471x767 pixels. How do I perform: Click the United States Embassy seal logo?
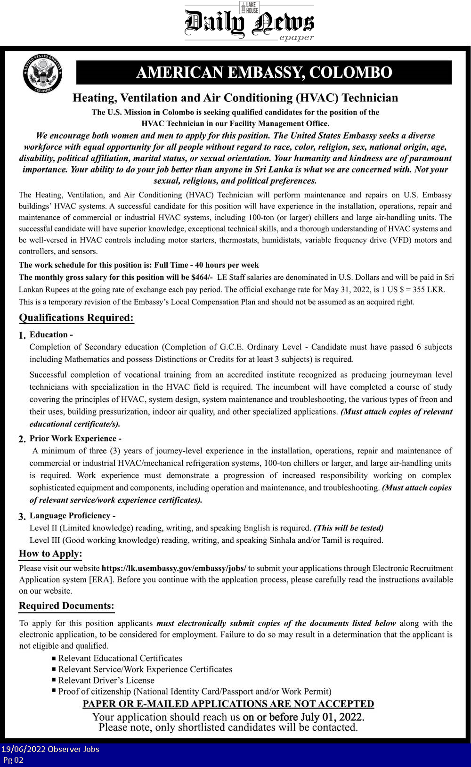tap(42, 73)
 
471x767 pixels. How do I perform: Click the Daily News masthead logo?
tap(249, 22)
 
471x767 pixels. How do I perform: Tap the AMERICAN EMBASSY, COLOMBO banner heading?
tap(264, 73)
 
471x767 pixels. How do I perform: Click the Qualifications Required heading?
tap(76, 318)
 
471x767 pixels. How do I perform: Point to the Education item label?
tap(51, 335)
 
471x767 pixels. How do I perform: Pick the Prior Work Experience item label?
tap(75, 438)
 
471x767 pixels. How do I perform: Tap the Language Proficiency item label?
tap(73, 515)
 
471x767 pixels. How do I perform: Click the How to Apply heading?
tap(50, 554)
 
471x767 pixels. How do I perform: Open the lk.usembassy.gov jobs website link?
tap(174, 568)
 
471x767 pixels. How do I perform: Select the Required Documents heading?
tap(66, 606)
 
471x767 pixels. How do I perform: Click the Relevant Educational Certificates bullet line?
tap(120, 658)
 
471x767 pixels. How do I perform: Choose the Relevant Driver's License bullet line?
tap(106, 680)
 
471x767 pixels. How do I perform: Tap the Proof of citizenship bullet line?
tap(195, 692)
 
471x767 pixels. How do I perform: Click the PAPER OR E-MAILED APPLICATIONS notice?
tap(228, 704)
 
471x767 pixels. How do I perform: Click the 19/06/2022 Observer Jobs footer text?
tap(50, 749)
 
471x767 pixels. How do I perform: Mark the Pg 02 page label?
tap(13, 760)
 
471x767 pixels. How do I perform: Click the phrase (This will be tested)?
tap(349, 528)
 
